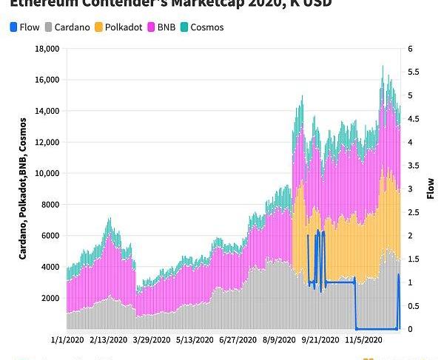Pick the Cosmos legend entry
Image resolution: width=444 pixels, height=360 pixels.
pyautogui.click(x=206, y=27)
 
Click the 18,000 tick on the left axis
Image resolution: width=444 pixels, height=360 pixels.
pyautogui.click(x=47, y=49)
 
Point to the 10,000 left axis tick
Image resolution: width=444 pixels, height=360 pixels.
pyautogui.click(x=47, y=174)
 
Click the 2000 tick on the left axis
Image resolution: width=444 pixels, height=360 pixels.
pyautogui.click(x=49, y=298)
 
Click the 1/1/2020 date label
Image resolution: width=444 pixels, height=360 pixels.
pyautogui.click(x=67, y=339)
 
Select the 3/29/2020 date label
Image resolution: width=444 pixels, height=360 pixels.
pyautogui.click(x=151, y=339)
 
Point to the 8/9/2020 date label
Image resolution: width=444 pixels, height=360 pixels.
pyautogui.click(x=281, y=339)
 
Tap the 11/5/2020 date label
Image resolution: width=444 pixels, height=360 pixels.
pyautogui.click(x=364, y=339)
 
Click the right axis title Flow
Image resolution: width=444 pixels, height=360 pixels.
pyautogui.click(x=431, y=189)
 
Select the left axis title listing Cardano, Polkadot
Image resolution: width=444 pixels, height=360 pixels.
pyautogui.click(x=23, y=188)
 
